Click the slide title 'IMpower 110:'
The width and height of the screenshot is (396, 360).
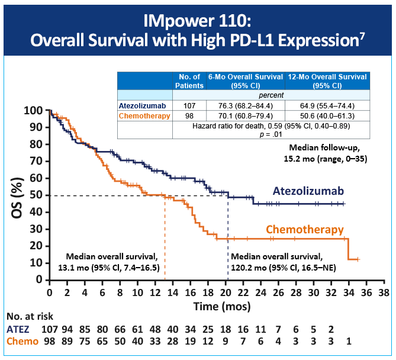tap(198, 21)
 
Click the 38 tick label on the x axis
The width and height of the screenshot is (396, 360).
tap(384, 292)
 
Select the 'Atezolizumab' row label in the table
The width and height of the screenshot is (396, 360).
tap(144, 105)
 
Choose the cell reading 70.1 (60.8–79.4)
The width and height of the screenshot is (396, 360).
tap(244, 115)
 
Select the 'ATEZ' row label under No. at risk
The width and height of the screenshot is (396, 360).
tap(18, 329)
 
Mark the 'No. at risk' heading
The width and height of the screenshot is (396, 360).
tap(29, 317)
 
